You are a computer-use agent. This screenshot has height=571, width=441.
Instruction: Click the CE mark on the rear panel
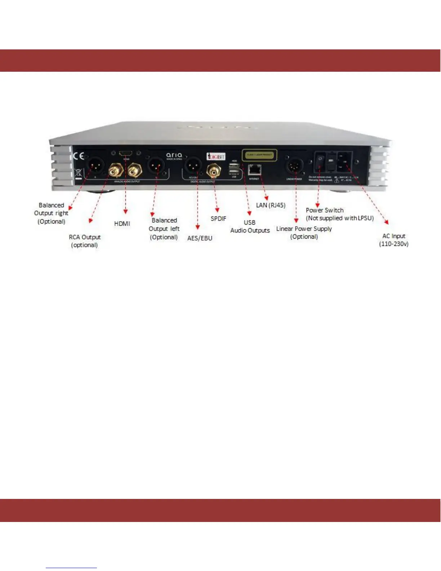pyautogui.click(x=79, y=156)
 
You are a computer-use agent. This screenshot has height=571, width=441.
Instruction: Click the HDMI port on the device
pyautogui.click(x=125, y=154)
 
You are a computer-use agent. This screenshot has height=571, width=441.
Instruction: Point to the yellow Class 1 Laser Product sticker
pyautogui.click(x=259, y=155)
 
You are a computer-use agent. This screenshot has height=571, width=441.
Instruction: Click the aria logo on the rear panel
pyautogui.click(x=174, y=155)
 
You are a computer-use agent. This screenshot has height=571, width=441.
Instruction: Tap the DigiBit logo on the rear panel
pyautogui.click(x=216, y=156)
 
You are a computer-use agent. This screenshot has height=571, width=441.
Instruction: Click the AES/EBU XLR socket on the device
pyautogui.click(x=193, y=165)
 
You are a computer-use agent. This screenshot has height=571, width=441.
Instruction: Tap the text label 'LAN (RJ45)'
pyautogui.click(x=271, y=205)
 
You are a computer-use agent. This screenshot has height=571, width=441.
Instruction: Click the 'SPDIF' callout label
pyautogui.click(x=218, y=218)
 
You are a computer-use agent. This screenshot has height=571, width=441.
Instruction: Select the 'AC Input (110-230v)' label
pyautogui.click(x=393, y=240)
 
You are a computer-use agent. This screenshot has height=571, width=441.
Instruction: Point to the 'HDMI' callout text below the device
pyautogui.click(x=122, y=223)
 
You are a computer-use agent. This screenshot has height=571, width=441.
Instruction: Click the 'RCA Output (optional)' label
pyautogui.click(x=85, y=241)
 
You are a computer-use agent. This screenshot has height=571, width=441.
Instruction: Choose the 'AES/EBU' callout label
pyautogui.click(x=200, y=238)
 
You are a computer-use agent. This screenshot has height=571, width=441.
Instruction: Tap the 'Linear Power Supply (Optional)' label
pyautogui.click(x=304, y=233)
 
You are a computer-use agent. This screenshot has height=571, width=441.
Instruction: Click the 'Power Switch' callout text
pyautogui.click(x=325, y=210)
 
